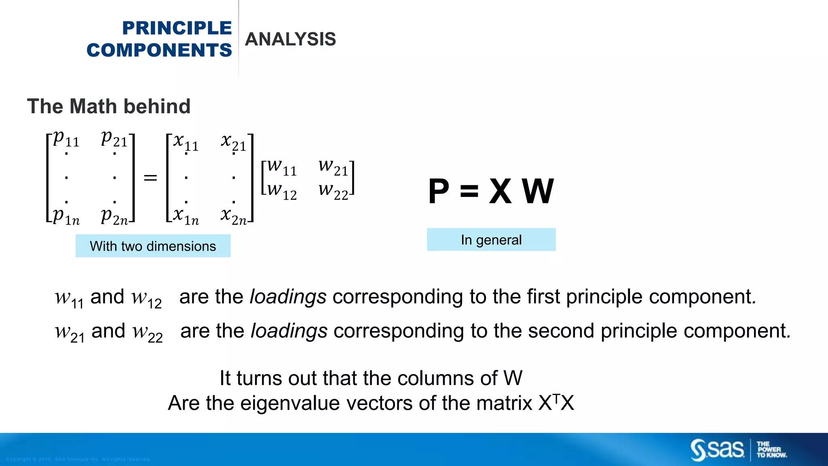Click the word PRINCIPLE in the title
pos(177,28)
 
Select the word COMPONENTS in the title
pos(159,51)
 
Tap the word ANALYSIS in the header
pos(290,39)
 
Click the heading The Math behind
pos(109,106)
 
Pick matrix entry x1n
pos(186,216)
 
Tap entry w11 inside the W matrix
pos(282,167)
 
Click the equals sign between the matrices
pos(150,178)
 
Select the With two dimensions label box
pos(153,246)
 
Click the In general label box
pos(491,240)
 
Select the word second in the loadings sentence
pos(561,331)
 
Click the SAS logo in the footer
pos(717,450)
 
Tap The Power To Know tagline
pos(771,450)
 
